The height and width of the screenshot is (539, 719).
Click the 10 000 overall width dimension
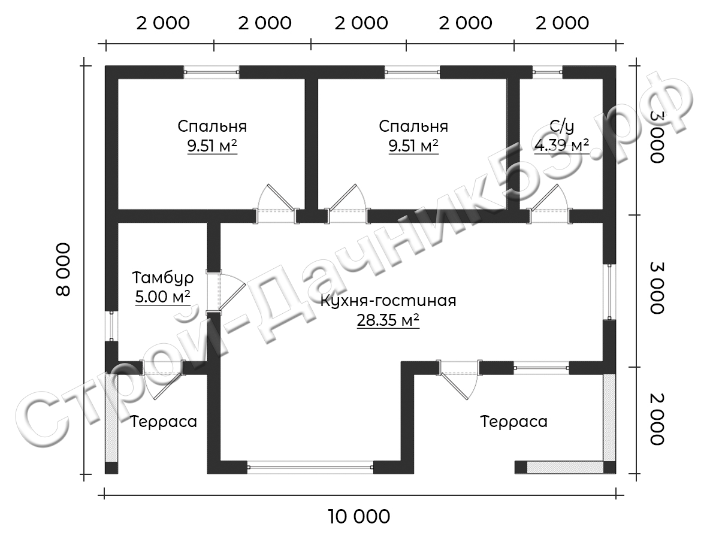[359, 517]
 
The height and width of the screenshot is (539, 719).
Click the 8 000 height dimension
[64, 269]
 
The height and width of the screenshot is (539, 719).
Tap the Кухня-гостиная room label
[388, 301]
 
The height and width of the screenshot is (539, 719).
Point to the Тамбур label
[163, 278]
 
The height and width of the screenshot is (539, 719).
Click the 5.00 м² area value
[163, 297]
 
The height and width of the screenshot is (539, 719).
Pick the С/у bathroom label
[561, 126]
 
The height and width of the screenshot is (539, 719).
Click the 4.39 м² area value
[562, 146]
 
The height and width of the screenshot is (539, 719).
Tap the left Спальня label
[212, 126]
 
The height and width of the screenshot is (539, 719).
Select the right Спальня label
[413, 126]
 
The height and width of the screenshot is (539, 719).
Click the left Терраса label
[164, 422]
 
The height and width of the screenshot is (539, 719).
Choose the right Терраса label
[514, 422]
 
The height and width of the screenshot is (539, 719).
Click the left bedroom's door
[276, 204]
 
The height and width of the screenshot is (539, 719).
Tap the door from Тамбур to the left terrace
[162, 380]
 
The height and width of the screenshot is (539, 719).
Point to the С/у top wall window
[548, 72]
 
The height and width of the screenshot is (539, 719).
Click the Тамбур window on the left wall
[111, 326]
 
